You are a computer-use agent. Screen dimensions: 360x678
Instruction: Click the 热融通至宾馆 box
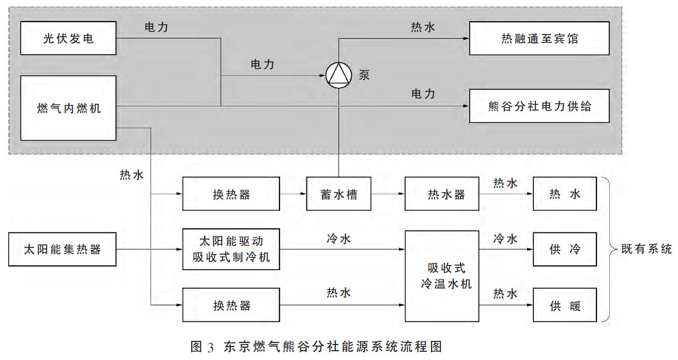[540, 39]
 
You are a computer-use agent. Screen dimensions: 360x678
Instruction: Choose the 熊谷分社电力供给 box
[540, 106]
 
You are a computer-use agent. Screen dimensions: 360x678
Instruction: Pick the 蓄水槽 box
[338, 194]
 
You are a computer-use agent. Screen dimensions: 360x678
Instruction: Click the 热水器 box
[438, 194]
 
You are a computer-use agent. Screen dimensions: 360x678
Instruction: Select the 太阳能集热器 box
[63, 250]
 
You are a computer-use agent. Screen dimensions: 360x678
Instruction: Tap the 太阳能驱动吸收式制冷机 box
[232, 249]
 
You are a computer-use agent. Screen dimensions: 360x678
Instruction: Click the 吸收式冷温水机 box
[442, 276]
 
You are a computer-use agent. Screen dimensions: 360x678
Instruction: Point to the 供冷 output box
[565, 249]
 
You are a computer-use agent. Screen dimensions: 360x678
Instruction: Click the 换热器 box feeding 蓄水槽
[232, 194]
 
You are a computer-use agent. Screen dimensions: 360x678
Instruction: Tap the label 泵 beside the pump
[364, 74]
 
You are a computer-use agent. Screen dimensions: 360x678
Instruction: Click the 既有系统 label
[646, 249]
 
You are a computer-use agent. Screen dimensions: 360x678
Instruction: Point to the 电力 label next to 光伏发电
[156, 28]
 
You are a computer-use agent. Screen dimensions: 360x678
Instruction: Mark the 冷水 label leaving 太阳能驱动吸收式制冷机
[339, 239]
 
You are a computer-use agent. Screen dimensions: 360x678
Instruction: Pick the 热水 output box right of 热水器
[565, 194]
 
